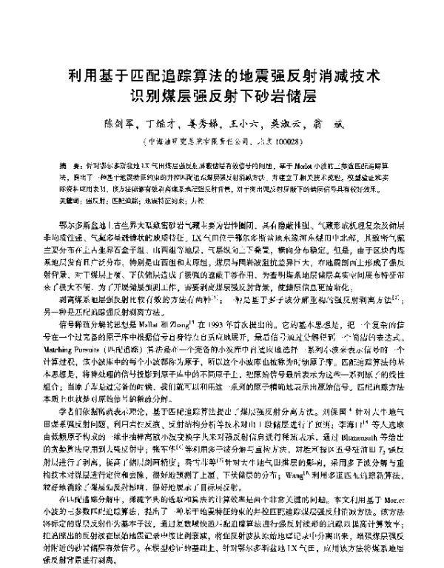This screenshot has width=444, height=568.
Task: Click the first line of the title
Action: (222, 76)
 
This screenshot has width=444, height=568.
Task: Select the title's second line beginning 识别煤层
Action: (222, 96)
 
